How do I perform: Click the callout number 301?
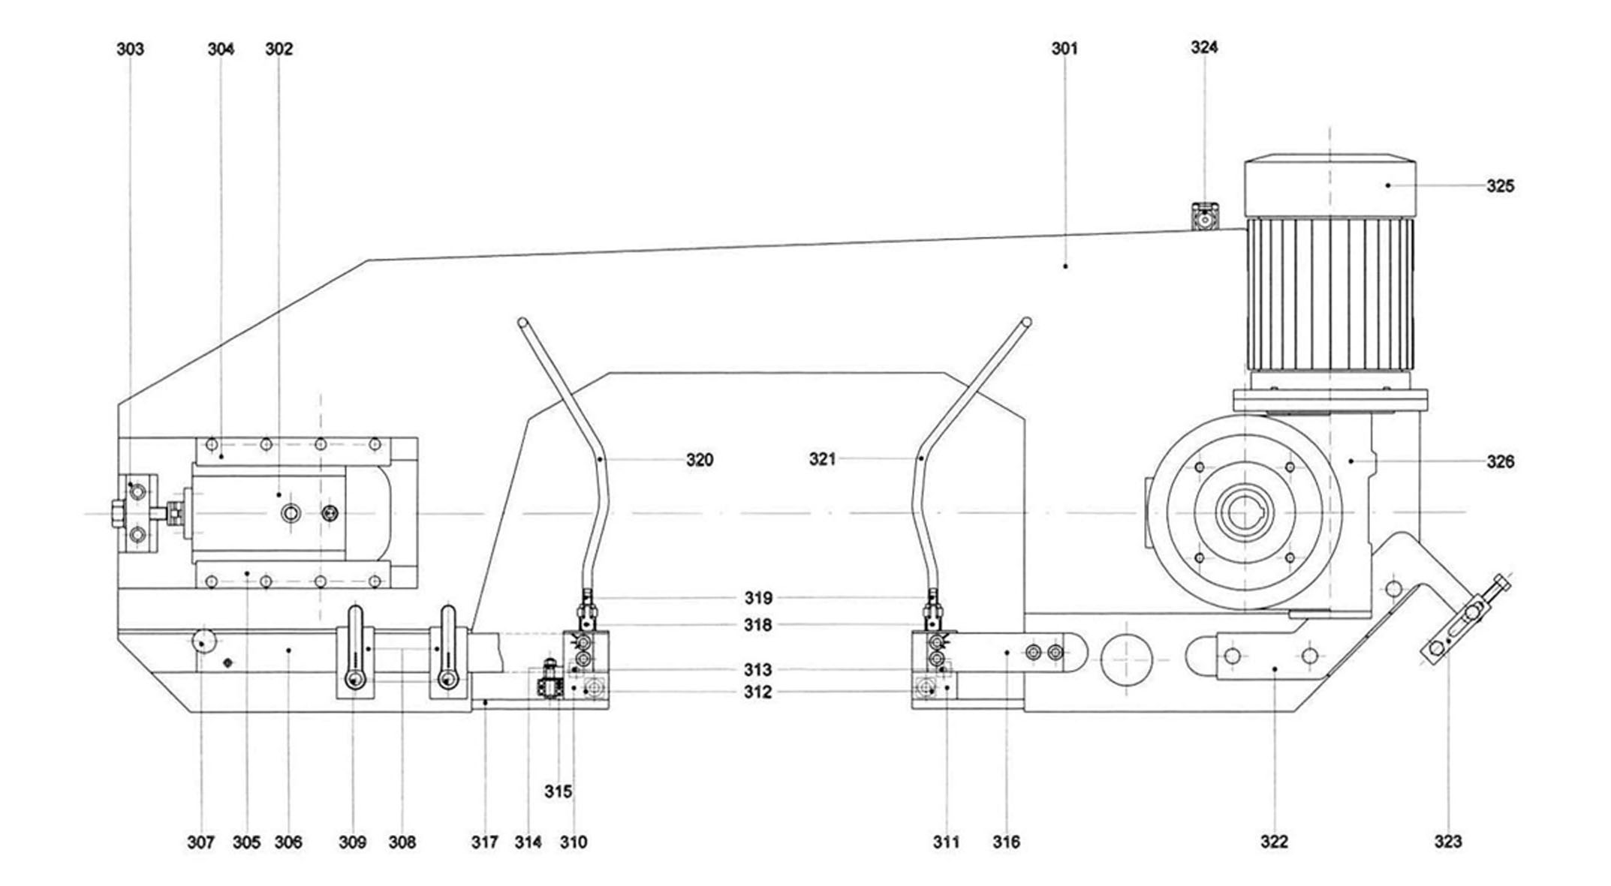1064,49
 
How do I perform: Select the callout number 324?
1204,47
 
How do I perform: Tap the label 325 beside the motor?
1500,186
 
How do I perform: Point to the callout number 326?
1500,462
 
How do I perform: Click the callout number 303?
130,49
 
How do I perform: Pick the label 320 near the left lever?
700,460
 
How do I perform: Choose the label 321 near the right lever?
822,459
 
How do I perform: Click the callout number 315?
558,791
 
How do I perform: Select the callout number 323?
1448,842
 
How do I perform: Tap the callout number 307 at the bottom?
200,842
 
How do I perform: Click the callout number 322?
1274,842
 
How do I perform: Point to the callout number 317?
485,842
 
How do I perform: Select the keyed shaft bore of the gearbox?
1244,512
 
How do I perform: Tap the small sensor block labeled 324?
1206,218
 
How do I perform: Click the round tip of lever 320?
522,323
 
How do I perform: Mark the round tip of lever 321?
1026,323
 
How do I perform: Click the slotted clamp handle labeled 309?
354,649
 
